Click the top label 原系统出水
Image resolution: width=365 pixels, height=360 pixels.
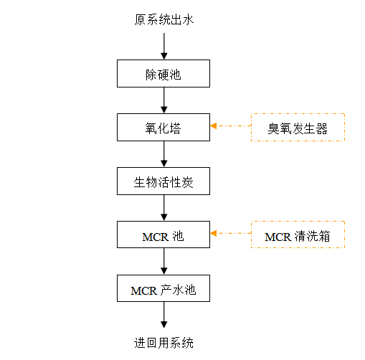(x=163, y=19)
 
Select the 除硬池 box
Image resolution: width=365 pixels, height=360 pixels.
(x=163, y=73)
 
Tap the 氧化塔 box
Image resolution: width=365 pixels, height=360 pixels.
(x=163, y=127)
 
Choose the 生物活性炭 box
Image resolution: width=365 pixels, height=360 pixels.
(x=163, y=181)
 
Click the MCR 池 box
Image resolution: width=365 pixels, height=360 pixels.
(x=163, y=235)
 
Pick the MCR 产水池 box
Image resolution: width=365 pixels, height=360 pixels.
(x=163, y=288)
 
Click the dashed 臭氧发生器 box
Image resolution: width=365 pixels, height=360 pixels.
(x=298, y=127)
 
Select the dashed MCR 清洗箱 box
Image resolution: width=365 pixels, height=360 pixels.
(x=298, y=235)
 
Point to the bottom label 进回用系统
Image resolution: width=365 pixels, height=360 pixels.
(x=163, y=343)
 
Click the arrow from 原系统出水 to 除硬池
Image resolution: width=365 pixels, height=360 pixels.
(x=164, y=46)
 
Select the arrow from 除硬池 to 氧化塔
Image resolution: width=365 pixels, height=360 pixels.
(x=164, y=100)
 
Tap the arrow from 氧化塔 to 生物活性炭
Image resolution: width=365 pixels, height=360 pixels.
(x=164, y=154)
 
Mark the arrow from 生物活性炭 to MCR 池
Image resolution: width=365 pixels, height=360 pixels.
(x=164, y=208)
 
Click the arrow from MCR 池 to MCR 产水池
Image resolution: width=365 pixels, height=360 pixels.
(x=164, y=261)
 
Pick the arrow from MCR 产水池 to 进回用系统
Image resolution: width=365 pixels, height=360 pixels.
(x=164, y=315)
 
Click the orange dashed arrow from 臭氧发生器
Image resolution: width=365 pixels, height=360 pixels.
(x=231, y=125)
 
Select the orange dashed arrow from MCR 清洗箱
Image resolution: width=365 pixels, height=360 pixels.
(x=231, y=233)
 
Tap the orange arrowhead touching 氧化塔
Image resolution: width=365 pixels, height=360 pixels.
(x=214, y=125)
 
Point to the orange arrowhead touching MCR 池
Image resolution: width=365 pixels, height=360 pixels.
(x=214, y=233)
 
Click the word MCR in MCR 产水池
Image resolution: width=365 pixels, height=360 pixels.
(x=144, y=291)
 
